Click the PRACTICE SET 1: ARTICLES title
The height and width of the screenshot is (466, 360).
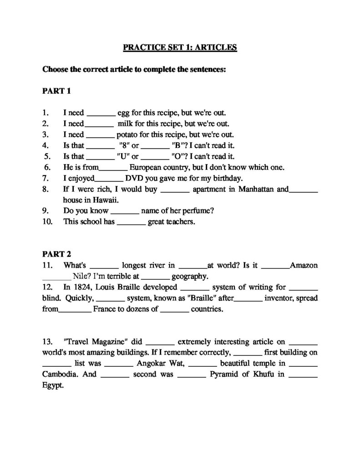click(180, 47)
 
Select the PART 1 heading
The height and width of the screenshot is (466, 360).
click(57, 91)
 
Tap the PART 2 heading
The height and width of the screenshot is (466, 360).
click(57, 254)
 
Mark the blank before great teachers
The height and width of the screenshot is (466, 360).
click(132, 223)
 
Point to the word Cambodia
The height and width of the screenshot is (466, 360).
click(60, 374)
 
